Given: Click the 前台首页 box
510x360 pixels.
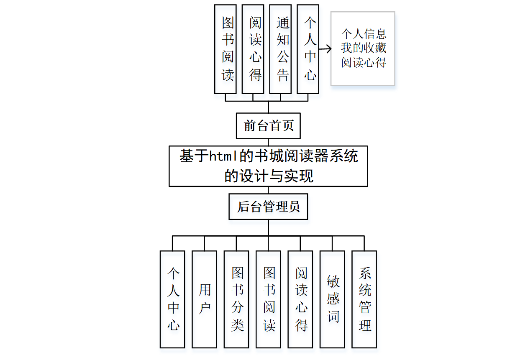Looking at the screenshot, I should click(x=268, y=125).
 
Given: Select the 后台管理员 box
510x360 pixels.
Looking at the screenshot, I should click(x=268, y=207).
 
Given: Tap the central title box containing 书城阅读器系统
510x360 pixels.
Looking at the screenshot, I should click(x=268, y=166).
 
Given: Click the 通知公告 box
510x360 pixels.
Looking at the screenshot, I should click(x=280, y=49).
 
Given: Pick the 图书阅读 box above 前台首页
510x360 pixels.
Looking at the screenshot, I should click(x=225, y=49).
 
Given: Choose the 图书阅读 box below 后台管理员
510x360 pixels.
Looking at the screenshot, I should click(x=268, y=299).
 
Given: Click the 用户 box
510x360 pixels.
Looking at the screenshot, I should click(x=204, y=299).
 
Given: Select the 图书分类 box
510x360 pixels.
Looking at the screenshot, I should click(x=236, y=299).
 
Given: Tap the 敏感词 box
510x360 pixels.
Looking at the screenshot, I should click(x=332, y=299).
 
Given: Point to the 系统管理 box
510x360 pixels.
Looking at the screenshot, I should click(x=364, y=299).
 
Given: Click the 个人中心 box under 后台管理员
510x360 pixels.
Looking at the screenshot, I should click(x=172, y=299).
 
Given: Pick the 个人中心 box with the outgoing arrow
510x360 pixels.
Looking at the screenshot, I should click(x=308, y=49).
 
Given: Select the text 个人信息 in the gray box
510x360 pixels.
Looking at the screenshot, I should click(x=363, y=33).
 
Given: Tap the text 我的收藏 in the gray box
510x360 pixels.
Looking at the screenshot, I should click(x=363, y=48).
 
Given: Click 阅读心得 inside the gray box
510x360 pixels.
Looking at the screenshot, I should click(x=363, y=62).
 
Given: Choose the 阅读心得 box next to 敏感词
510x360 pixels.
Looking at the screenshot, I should click(x=300, y=299).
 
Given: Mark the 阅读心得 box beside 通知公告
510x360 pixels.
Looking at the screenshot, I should click(x=253, y=49).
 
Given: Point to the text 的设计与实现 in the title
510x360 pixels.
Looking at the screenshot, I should click(x=268, y=176).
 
